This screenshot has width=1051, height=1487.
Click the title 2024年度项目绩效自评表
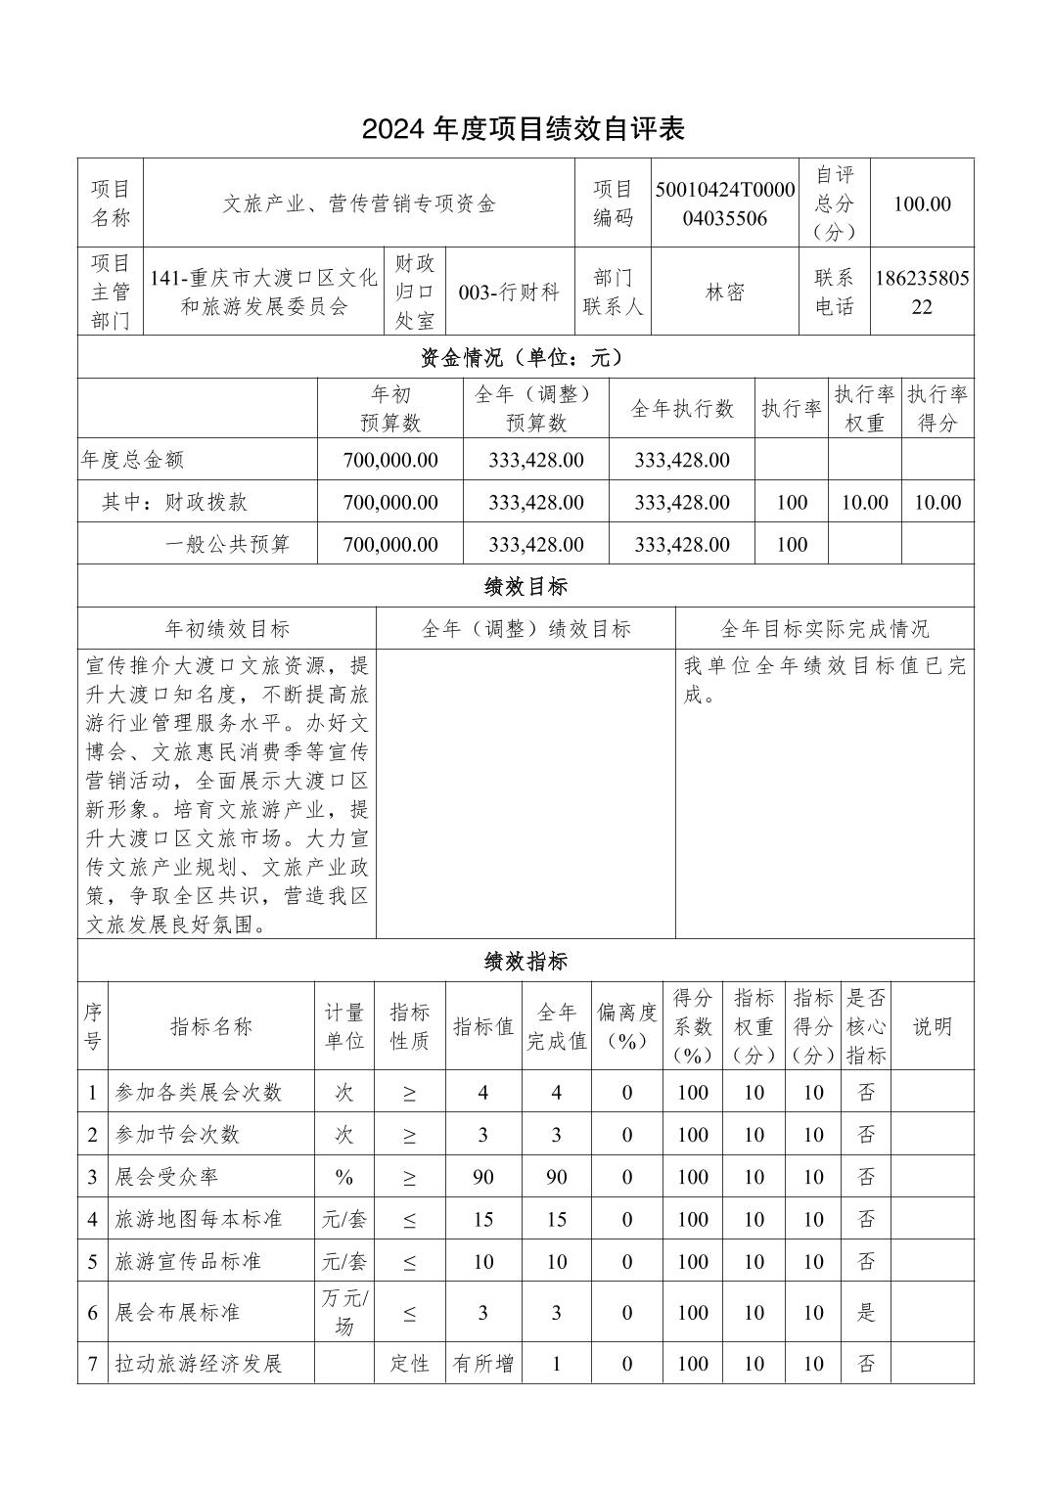[x=524, y=128]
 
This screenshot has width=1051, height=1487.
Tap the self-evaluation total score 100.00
[x=922, y=203]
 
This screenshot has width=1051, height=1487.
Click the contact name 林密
[x=725, y=292]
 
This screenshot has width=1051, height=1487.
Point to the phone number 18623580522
[x=922, y=292]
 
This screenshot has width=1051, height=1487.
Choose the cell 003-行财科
[x=509, y=292]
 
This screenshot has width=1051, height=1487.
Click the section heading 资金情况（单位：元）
[x=525, y=358]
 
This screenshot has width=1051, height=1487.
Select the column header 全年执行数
[x=681, y=409]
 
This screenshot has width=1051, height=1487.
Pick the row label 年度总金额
[x=133, y=460]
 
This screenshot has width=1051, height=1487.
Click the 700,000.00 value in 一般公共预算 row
[x=390, y=544]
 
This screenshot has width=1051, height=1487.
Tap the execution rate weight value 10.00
[x=864, y=502]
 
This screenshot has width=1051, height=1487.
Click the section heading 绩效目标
[x=525, y=586]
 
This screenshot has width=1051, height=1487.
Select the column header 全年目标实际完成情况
[x=824, y=628]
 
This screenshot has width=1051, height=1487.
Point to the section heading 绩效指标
[x=525, y=961]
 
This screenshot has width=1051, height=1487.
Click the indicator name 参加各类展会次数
[x=199, y=1093]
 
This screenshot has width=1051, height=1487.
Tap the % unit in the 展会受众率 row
[x=343, y=1177]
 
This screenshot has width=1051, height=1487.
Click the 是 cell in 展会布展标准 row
[x=866, y=1312]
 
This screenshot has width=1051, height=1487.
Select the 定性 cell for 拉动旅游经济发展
[x=409, y=1363]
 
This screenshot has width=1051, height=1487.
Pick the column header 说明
[x=932, y=1026]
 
